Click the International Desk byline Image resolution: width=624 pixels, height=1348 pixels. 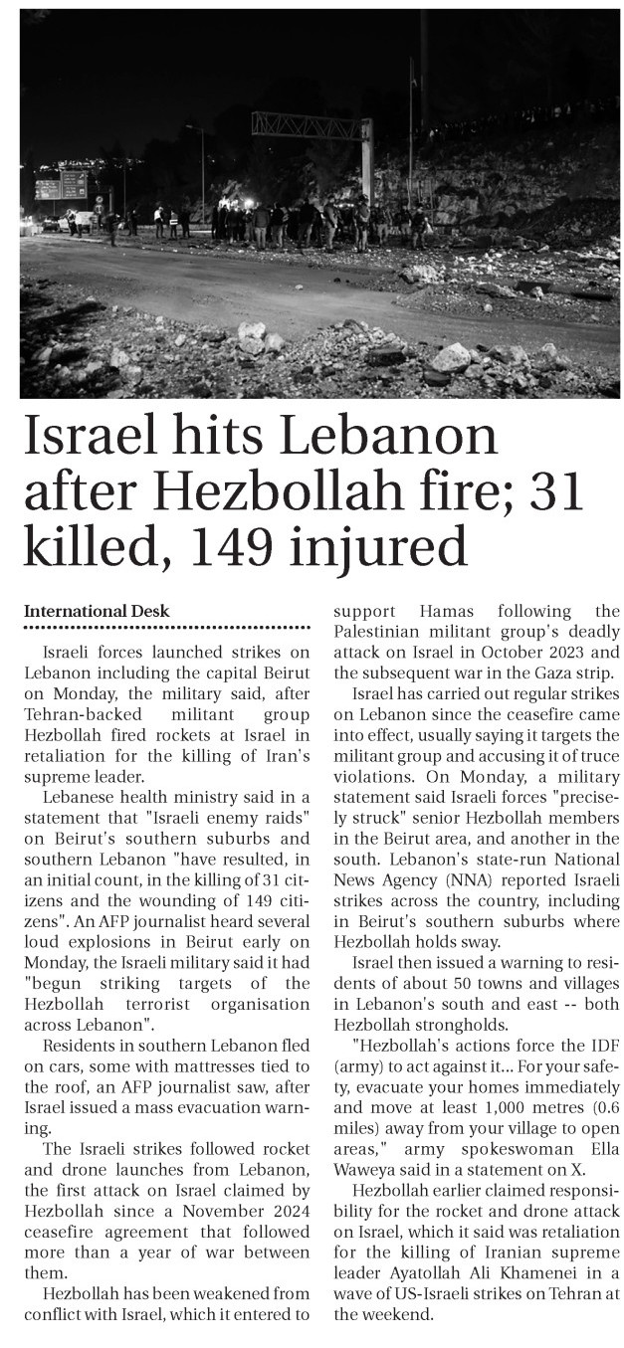click(97, 611)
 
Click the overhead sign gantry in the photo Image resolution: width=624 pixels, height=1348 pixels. click(312, 128)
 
